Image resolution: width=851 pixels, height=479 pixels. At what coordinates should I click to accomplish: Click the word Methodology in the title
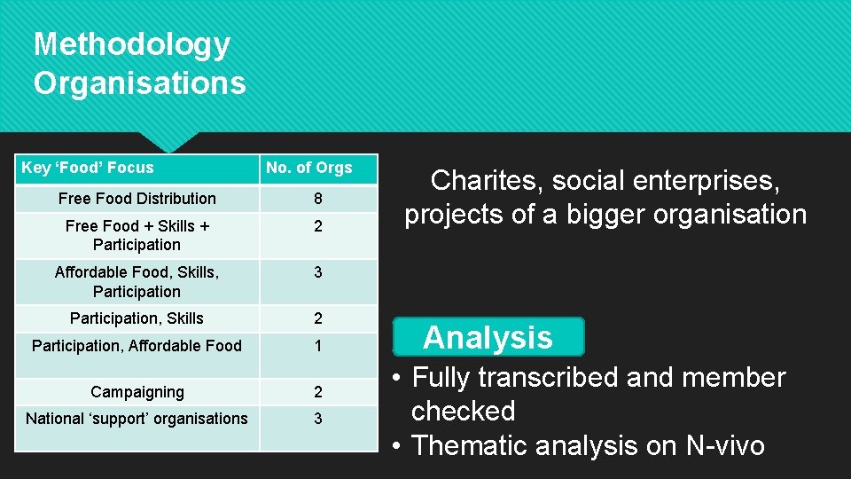coord(132,44)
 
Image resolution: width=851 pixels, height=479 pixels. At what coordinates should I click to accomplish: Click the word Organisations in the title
coord(139,82)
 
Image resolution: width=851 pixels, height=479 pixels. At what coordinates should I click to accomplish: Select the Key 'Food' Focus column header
coord(87,168)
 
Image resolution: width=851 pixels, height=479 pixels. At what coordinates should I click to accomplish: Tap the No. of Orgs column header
coord(309,168)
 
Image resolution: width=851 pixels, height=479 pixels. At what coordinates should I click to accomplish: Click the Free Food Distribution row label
coord(137,199)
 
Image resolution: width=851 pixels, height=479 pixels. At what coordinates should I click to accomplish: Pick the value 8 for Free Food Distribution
coord(317,199)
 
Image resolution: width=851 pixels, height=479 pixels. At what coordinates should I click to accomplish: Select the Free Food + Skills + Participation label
coord(137,235)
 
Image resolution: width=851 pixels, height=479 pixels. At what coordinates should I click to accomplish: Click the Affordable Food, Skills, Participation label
coord(137,282)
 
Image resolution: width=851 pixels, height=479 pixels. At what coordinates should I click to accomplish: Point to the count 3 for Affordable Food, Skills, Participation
coord(317,273)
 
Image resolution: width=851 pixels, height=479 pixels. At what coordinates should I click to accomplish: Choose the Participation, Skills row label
coord(137,318)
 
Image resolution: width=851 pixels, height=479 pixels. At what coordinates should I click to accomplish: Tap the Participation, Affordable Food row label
coord(137,346)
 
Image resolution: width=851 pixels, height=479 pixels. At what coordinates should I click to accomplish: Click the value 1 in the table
coord(317,347)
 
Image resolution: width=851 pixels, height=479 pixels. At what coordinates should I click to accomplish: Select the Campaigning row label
coord(137,392)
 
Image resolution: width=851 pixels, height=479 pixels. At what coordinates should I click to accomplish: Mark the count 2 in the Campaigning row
coord(317,392)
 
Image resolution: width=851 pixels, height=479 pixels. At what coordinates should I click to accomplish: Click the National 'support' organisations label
coord(137,419)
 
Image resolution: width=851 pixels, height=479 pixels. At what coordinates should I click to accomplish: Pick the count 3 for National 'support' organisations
coord(317,419)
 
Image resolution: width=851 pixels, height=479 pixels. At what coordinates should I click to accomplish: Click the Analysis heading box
coord(488,337)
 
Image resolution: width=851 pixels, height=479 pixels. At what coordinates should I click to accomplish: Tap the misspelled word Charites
coord(487,181)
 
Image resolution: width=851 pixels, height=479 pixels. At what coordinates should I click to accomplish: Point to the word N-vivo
coord(725,445)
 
